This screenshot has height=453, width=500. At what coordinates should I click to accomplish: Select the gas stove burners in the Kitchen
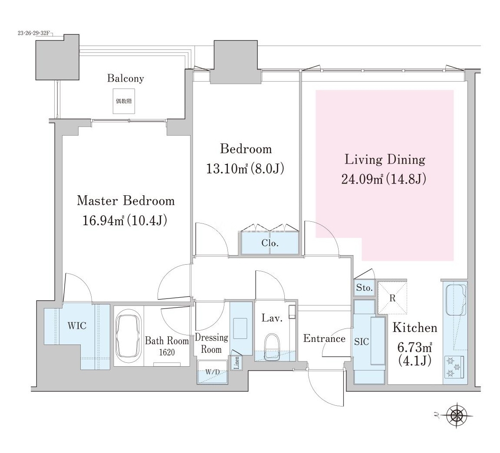click(454, 367)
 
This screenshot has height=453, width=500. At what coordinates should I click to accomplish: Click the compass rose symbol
click(457, 415)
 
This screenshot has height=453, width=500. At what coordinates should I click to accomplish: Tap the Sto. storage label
click(364, 288)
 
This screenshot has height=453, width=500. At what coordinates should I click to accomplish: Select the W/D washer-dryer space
click(212, 372)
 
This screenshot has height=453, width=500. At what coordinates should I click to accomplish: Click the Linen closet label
click(237, 363)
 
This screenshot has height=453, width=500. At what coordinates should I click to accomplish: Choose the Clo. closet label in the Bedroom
click(270, 243)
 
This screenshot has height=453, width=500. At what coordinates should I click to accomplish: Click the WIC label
click(77, 325)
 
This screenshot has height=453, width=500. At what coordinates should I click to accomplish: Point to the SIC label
click(362, 342)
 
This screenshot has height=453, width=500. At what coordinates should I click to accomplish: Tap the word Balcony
click(125, 79)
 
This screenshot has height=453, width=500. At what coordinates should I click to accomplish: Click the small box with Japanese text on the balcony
click(124, 101)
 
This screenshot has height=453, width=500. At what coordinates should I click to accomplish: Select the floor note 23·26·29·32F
click(33, 33)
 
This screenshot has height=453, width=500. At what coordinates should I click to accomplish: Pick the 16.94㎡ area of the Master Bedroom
click(103, 220)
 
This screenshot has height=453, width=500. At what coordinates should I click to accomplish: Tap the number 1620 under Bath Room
click(167, 352)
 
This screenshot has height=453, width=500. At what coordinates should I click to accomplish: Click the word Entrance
click(324, 338)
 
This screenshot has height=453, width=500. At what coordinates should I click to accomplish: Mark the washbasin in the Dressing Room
click(240, 328)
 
